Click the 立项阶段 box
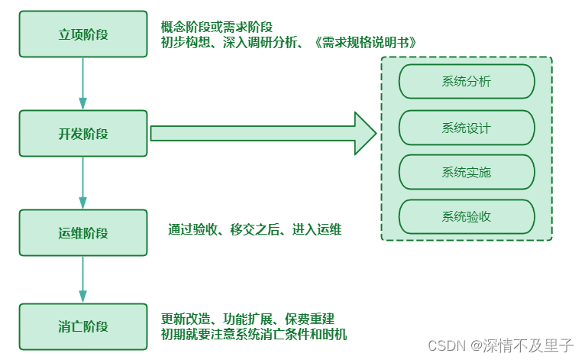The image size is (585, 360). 83,34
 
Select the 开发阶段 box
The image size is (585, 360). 83,134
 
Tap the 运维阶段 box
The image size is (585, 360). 83,233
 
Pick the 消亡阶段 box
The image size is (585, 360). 83,326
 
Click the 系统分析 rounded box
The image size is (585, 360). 467,82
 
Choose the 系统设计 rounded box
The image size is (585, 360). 467,128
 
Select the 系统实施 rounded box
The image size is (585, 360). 467,172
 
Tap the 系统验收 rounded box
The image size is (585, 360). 467,216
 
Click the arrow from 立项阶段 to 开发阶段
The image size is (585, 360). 83,83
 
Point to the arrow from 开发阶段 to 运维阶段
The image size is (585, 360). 83,183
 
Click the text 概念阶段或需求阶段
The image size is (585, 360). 217,26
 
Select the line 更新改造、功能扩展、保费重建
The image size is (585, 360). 247,319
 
